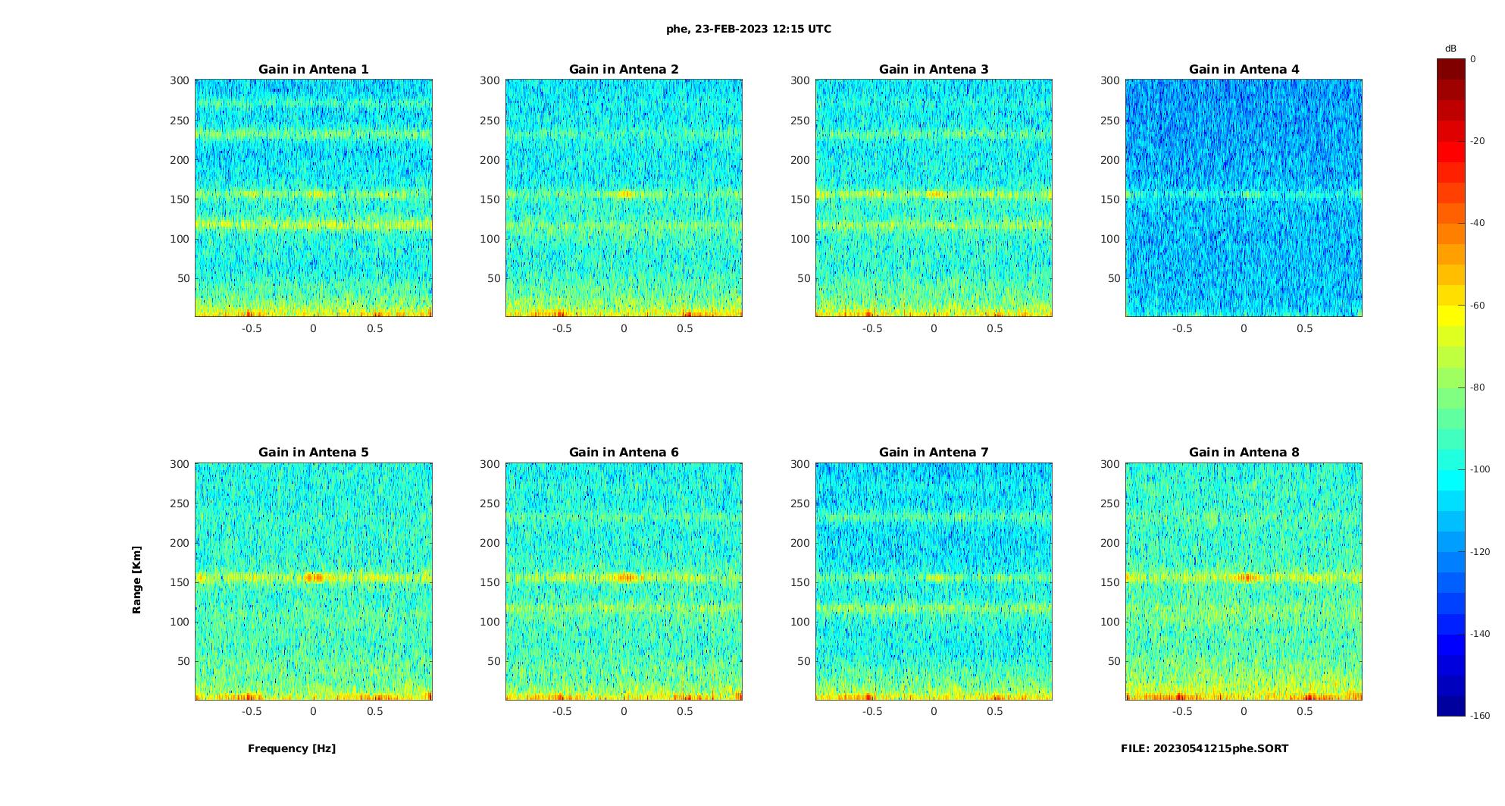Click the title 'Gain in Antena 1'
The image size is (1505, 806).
(x=313, y=70)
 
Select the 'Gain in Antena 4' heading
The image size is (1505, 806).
(x=1244, y=70)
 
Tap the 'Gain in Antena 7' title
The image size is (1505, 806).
(x=934, y=453)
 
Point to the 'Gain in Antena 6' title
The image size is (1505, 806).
(x=624, y=453)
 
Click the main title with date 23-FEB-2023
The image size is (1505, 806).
(x=749, y=29)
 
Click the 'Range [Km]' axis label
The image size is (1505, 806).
(x=136, y=579)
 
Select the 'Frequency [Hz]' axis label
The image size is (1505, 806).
(x=292, y=748)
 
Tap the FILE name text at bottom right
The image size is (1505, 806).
(x=1204, y=748)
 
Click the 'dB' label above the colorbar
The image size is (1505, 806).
(x=1450, y=49)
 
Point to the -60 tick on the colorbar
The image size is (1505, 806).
(x=1478, y=306)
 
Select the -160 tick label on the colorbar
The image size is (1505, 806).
(x=1480, y=716)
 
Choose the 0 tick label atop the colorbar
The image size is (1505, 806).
(x=1473, y=59)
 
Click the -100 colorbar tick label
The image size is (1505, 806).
(x=1480, y=469)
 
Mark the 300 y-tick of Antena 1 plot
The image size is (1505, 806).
(x=180, y=80)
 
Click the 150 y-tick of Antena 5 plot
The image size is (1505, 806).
(x=180, y=582)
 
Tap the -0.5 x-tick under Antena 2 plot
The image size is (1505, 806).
(x=562, y=328)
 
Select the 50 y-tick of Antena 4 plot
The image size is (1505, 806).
(x=1113, y=278)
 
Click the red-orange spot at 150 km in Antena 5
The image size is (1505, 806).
(x=314, y=578)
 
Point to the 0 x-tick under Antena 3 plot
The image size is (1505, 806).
(x=934, y=328)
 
